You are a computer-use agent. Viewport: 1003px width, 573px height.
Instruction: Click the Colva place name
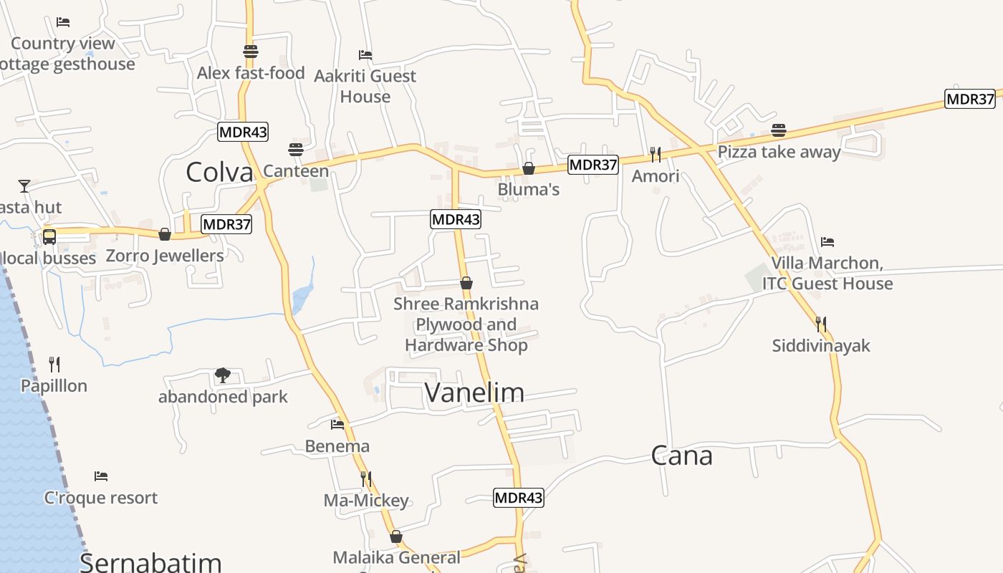click(219, 172)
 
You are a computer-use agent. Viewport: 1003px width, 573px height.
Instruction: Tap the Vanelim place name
click(474, 392)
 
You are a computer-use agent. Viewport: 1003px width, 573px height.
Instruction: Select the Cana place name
click(681, 456)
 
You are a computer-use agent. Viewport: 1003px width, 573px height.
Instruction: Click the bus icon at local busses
click(49, 236)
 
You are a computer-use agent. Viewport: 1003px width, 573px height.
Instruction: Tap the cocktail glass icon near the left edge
click(24, 186)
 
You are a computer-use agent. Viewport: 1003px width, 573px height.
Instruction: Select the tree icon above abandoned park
click(223, 375)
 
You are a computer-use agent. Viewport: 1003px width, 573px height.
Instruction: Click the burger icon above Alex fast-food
click(251, 52)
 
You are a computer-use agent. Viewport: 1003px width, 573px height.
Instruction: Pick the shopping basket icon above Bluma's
click(529, 168)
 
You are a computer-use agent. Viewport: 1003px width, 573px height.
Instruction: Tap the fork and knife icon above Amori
click(655, 154)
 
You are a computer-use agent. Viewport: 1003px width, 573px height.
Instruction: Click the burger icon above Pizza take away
click(779, 130)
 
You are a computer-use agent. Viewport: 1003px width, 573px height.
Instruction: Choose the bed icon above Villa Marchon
click(827, 241)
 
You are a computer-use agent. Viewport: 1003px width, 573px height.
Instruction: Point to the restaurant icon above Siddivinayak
click(821, 324)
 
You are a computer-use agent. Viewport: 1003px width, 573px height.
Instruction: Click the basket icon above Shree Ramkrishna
click(466, 283)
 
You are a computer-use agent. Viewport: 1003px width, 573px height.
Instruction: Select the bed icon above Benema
click(337, 425)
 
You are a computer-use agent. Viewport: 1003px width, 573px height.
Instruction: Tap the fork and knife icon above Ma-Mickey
click(366, 478)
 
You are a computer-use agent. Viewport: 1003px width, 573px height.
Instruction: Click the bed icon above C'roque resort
click(101, 476)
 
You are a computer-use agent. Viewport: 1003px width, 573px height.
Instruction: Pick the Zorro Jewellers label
click(165, 256)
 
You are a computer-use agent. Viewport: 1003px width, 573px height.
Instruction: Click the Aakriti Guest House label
click(365, 86)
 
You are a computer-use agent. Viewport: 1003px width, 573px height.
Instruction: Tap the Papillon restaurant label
click(54, 385)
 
